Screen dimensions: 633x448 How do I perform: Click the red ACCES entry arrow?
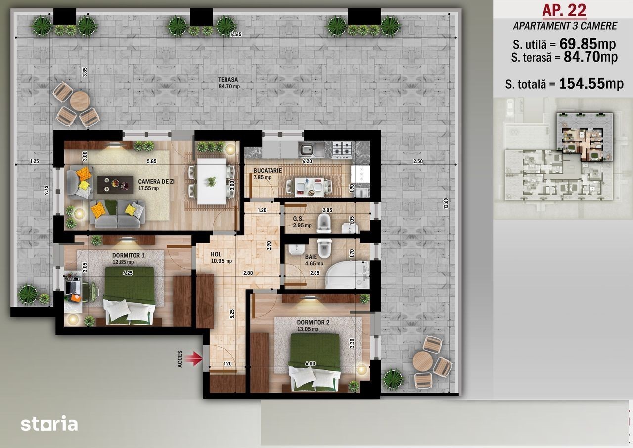pyautogui.click(x=193, y=359)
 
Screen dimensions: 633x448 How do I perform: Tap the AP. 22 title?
pyautogui.click(x=564, y=10)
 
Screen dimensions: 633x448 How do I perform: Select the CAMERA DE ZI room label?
pyautogui.click(x=156, y=181)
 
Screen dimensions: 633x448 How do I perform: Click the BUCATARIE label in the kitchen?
pyautogui.click(x=268, y=171)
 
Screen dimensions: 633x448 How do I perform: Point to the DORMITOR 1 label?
pyautogui.click(x=129, y=255)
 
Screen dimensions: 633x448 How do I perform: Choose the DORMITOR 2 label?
pyautogui.click(x=313, y=322)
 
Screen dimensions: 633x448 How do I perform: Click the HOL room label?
pyautogui.click(x=216, y=254)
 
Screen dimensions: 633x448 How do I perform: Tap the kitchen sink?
pyautogui.click(x=312, y=149)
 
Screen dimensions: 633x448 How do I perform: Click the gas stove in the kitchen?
pyautogui.click(x=342, y=150)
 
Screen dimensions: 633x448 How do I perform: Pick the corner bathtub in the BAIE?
pyautogui.click(x=347, y=274)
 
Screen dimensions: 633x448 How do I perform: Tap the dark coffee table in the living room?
pyautogui.click(x=115, y=185)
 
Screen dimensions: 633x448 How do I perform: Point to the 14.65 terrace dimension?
pyautogui.click(x=236, y=34)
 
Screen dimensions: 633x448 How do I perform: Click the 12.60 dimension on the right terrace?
pyautogui.click(x=446, y=203)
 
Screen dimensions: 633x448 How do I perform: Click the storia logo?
pyautogui.click(x=49, y=423)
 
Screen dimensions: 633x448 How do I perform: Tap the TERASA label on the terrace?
pyautogui.click(x=228, y=80)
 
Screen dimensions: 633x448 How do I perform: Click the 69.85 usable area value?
pyautogui.click(x=578, y=44)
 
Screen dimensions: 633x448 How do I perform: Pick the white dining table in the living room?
pyautogui.click(x=212, y=181)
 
